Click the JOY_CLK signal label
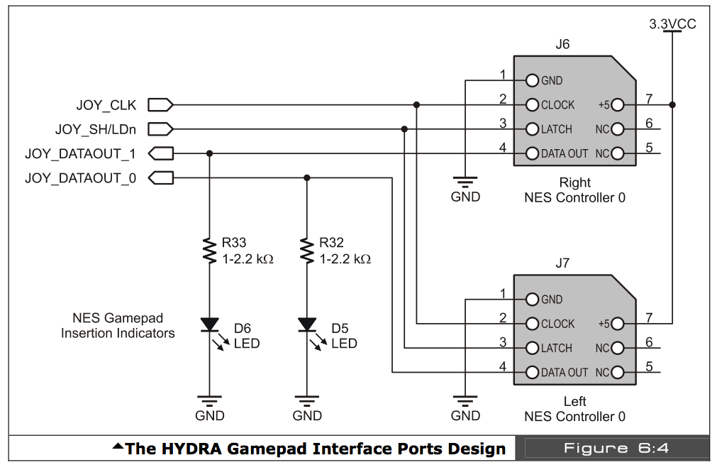click(106, 106)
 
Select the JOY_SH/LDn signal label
click(96, 130)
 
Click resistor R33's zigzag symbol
click(209, 251)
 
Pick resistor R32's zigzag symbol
click(307, 251)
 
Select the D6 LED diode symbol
click(209, 325)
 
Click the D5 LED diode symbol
click(307, 325)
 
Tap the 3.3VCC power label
click(672, 24)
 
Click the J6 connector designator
click(562, 44)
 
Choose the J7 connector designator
click(562, 263)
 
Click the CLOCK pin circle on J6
click(533, 105)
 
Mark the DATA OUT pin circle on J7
click(533, 372)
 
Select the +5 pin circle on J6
click(617, 105)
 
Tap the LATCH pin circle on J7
click(533, 348)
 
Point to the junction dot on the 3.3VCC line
click(672, 105)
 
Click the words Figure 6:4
click(616, 448)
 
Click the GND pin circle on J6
click(533, 80)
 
